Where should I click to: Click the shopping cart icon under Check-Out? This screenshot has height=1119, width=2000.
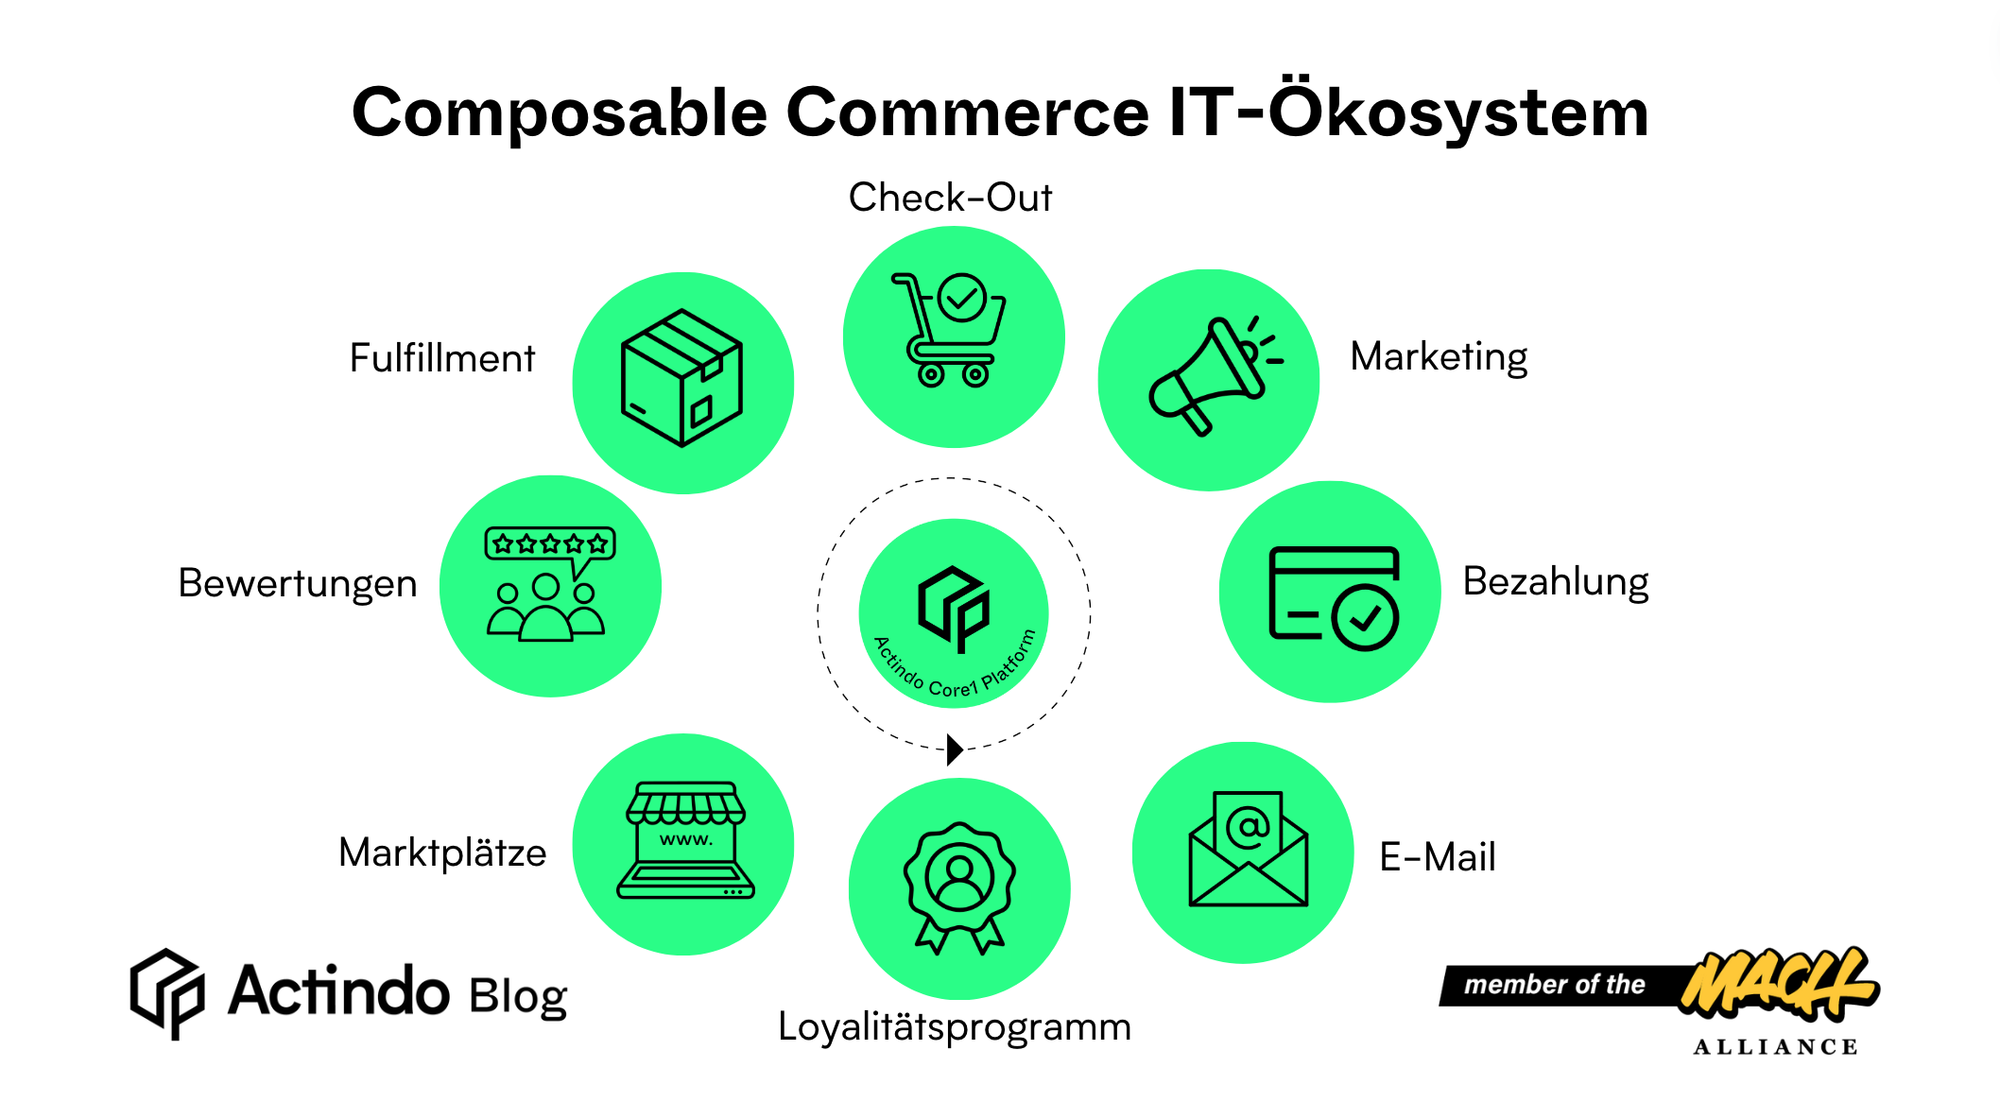[x=950, y=331]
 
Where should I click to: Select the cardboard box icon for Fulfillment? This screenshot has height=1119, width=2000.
[x=681, y=378]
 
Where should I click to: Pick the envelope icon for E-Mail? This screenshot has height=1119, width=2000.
[x=1248, y=849]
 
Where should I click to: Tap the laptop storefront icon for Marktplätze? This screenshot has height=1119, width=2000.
[x=685, y=840]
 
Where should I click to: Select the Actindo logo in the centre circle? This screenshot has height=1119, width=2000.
[x=954, y=608]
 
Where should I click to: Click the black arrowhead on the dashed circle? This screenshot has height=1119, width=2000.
[x=955, y=749]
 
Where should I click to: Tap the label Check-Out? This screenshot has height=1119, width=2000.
[x=950, y=198]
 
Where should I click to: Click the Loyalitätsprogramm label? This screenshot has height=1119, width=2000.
[x=955, y=1026]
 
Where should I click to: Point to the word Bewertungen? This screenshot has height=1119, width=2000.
[x=298, y=583]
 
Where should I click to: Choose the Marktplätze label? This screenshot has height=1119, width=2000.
[x=442, y=852]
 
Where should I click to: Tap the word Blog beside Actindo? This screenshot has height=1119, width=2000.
[x=518, y=996]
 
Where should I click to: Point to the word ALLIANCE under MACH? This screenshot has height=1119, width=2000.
[x=1775, y=1047]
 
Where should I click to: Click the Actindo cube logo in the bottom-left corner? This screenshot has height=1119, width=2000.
[x=167, y=992]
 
